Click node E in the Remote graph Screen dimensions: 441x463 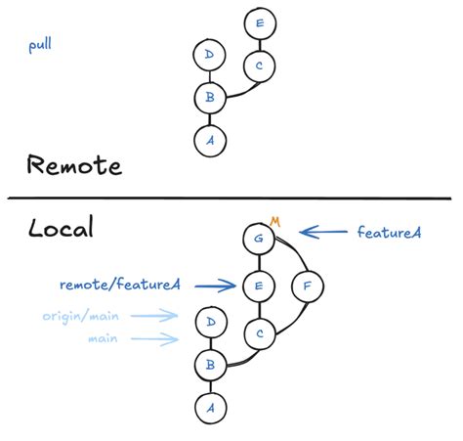(258, 23)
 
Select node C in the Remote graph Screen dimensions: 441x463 (258, 66)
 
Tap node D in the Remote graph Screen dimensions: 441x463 (208, 55)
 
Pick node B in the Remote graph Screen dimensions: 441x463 (208, 98)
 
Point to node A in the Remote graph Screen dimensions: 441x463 (208, 140)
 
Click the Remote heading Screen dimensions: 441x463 (74, 165)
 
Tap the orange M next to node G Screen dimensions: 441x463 (275, 223)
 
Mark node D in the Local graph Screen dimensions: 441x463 (209, 320)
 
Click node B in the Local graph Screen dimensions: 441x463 (209, 363)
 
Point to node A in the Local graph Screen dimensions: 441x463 (209, 405)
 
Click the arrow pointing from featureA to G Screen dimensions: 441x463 (323, 233)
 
